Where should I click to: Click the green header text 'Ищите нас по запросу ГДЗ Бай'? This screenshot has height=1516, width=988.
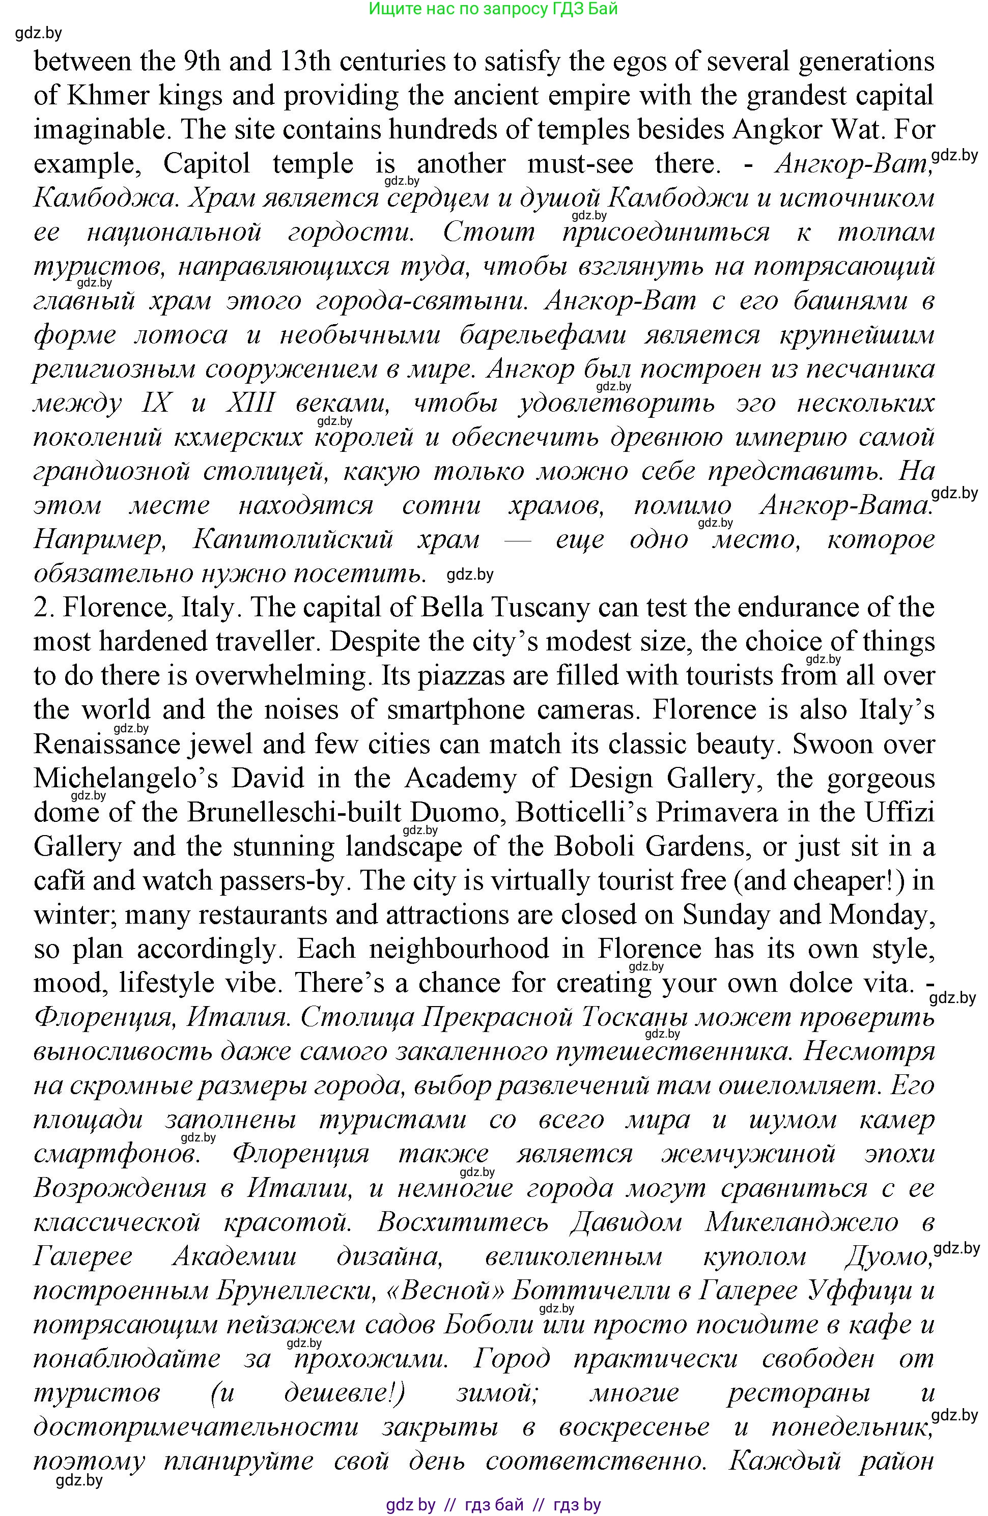(x=493, y=9)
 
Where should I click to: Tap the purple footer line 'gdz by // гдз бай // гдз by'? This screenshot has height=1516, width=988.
(x=493, y=1504)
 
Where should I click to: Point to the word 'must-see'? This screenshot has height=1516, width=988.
(x=580, y=164)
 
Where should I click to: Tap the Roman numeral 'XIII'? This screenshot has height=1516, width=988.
(x=250, y=403)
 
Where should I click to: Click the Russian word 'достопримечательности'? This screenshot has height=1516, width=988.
(x=195, y=1427)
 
